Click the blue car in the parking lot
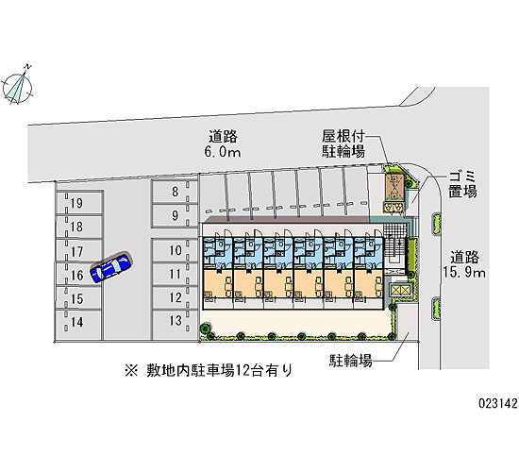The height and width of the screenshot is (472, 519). (111, 266)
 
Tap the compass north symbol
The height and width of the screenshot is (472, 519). (18, 87)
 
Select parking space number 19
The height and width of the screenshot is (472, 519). (78, 203)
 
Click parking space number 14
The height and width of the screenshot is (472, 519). (78, 322)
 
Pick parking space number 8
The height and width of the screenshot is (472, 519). (175, 192)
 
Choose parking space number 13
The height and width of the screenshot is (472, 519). (175, 321)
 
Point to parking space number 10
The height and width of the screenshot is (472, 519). (175, 250)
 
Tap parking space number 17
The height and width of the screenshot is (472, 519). (78, 251)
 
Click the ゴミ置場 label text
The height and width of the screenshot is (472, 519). (462, 184)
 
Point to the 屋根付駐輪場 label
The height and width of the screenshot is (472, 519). (343, 143)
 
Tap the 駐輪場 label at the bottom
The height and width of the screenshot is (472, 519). (351, 361)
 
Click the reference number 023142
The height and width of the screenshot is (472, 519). (498, 403)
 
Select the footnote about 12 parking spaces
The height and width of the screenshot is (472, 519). (209, 370)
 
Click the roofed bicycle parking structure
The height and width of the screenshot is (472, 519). (393, 188)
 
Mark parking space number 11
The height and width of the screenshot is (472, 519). (175, 275)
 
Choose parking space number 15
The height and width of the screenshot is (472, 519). (78, 298)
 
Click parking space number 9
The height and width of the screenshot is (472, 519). (175, 215)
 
